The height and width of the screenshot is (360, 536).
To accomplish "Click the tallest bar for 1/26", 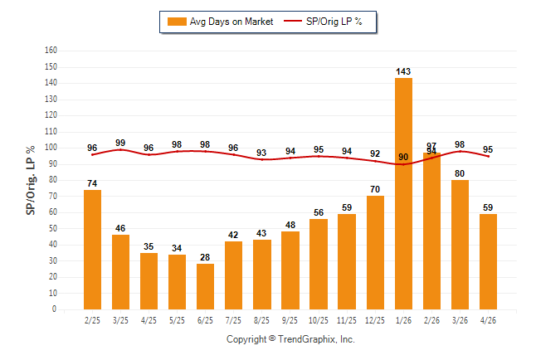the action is coord(403,193).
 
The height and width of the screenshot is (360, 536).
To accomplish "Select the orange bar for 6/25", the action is coord(205,286).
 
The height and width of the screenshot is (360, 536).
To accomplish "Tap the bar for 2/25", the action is coord(92,250).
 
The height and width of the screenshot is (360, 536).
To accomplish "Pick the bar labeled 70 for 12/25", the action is coord(375,253).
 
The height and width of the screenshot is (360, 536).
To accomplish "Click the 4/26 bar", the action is coord(488,261).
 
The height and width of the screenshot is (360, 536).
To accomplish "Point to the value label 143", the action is coord(403,71).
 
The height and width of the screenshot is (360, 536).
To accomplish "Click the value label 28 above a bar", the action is coord(205,257).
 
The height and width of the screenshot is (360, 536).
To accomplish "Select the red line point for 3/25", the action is coord(120,150).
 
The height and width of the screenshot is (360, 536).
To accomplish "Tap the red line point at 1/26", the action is coord(403,164).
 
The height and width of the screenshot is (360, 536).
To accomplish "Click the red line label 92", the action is coord(375,153).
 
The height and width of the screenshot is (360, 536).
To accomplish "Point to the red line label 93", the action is coord(261,153).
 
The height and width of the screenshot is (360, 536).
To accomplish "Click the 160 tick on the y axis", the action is coord(51,51).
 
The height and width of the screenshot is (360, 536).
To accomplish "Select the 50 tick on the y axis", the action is coord(52,228).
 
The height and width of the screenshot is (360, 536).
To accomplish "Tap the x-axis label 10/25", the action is coord(319,320).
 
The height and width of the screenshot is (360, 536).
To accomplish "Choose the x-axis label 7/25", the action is coord(233,320).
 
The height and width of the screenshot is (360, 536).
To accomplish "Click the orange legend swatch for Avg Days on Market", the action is coord(177,22).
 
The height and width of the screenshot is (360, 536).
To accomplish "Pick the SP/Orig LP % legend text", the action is coord(334,22).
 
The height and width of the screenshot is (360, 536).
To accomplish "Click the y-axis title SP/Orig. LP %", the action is coord(31,180).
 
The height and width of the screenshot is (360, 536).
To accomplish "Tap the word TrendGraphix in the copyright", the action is coord(307,339).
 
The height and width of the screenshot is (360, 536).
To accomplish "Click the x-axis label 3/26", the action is coord(460,320).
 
